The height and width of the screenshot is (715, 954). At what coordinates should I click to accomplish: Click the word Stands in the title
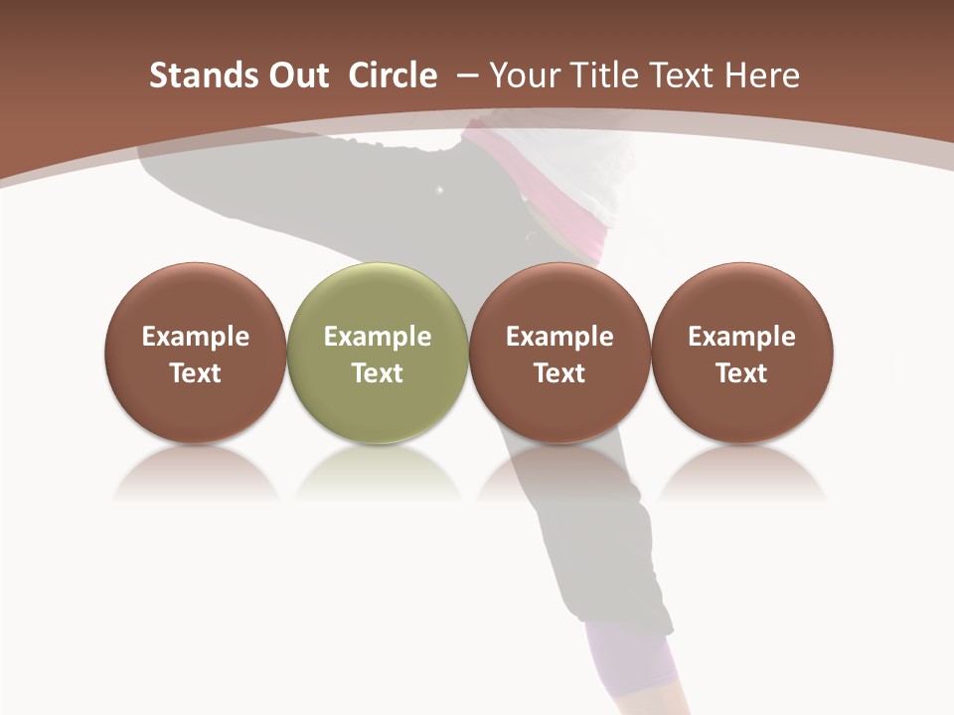(x=201, y=75)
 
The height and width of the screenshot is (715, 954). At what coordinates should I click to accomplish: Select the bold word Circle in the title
(x=393, y=75)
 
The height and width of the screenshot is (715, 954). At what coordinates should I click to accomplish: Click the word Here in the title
(x=762, y=75)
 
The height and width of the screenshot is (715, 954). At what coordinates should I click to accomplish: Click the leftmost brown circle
(x=195, y=298)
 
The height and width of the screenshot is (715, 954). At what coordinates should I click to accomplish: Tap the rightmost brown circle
(x=741, y=298)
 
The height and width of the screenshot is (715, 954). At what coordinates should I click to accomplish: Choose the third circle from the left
(x=559, y=298)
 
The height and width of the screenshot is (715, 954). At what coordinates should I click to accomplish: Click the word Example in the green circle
(x=378, y=337)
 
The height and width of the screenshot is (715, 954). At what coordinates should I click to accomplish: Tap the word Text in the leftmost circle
(x=195, y=373)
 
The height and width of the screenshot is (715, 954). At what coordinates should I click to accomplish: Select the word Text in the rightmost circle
(x=741, y=373)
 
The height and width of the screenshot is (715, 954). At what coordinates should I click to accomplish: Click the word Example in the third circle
(x=559, y=337)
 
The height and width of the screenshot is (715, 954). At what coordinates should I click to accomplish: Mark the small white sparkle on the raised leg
(x=439, y=189)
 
